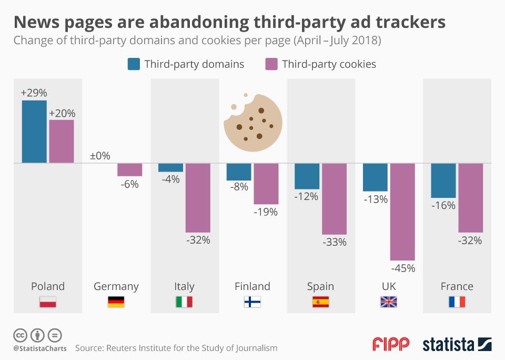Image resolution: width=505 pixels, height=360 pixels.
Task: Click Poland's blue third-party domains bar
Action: [34, 132]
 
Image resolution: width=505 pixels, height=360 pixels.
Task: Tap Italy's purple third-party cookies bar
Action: [198, 197]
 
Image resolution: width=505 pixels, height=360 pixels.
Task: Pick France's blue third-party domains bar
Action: [443, 181]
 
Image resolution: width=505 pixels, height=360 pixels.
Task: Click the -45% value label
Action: [403, 268]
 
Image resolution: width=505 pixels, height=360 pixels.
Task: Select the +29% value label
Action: [34, 93]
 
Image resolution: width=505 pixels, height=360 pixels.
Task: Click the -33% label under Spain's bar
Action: [335, 242]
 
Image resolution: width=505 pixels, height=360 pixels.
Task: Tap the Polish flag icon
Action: [48, 302]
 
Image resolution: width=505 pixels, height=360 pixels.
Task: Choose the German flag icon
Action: [116, 302]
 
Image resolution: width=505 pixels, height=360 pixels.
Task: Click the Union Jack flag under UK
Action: [389, 302]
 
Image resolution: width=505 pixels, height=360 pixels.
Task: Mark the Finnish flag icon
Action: [252, 302]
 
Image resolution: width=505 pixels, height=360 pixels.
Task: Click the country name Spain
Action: [320, 286]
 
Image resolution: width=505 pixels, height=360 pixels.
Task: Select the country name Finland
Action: [252, 286]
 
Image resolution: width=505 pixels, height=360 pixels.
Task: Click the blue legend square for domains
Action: [134, 64]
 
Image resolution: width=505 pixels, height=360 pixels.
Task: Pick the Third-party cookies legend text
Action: [329, 64]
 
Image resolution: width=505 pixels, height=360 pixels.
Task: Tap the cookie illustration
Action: [253, 119]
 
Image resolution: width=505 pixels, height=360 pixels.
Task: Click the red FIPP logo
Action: [391, 344]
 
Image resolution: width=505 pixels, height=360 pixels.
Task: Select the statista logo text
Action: [448, 345]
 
